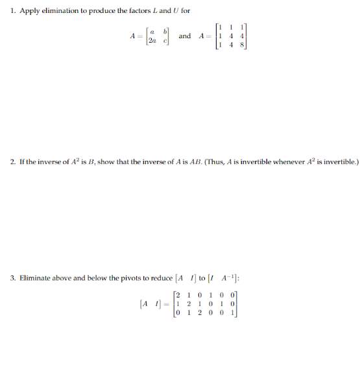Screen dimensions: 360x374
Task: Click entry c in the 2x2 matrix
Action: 167,41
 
